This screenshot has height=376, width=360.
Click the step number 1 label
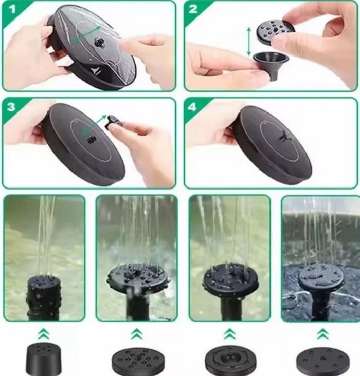(x=11, y=9)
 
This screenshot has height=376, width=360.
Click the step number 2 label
(x=193, y=9)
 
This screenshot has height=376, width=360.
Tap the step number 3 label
(x=11, y=107)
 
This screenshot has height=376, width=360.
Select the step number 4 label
(x=192, y=107)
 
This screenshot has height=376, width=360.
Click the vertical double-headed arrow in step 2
(x=249, y=41)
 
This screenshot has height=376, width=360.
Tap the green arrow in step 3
(x=94, y=125)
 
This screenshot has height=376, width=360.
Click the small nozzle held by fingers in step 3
(x=114, y=121)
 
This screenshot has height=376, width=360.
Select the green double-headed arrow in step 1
(x=86, y=34)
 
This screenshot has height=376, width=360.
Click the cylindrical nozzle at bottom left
(x=44, y=360)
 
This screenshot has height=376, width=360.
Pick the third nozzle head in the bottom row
(x=230, y=360)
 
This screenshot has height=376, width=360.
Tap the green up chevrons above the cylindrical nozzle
(x=44, y=333)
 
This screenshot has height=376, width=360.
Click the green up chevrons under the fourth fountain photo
(x=323, y=334)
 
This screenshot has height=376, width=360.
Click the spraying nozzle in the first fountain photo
(x=44, y=297)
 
